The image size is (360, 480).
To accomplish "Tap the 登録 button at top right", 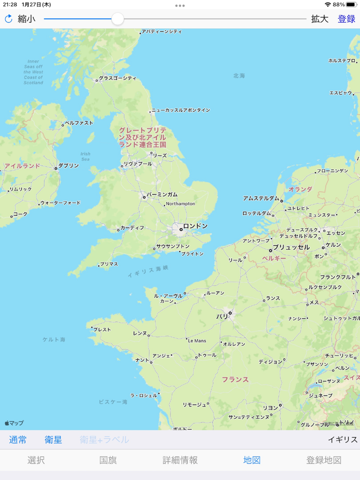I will [346, 19].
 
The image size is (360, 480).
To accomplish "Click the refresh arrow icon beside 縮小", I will [8, 19].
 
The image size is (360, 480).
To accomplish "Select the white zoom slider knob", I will [118, 19].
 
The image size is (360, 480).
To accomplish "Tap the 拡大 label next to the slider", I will [319, 19].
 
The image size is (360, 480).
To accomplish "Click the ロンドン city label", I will [195, 226].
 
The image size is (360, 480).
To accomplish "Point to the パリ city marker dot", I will [230, 312].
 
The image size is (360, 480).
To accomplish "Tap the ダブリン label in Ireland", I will [68, 166].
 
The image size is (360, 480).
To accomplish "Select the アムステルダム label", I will [261, 198].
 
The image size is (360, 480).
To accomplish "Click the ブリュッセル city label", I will [291, 247].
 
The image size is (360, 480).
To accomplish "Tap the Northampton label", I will [180, 204].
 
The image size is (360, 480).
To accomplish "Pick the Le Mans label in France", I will [197, 341].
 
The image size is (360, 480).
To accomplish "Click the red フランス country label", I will [235, 380].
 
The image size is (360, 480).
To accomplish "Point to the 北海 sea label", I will [239, 76].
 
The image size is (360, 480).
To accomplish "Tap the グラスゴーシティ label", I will [117, 79].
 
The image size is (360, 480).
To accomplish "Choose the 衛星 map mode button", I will [53, 440].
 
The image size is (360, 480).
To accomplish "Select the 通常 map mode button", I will [18, 440].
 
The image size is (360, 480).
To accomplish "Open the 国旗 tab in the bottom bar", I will [108, 460].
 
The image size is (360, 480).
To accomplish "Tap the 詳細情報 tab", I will [180, 460].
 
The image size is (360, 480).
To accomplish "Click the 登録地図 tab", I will [324, 460].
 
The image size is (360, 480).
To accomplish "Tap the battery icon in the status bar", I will [352, 4].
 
